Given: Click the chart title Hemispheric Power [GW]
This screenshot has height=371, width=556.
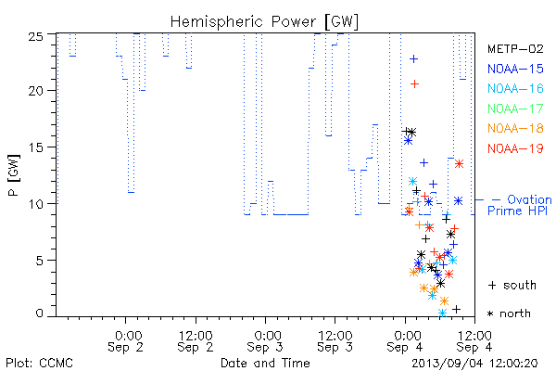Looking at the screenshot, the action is [x=264, y=22].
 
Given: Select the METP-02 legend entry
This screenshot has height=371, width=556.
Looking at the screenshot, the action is [x=515, y=48].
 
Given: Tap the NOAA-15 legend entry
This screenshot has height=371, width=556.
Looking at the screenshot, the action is [x=515, y=69].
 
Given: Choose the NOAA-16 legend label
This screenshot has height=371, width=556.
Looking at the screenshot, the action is [x=515, y=88].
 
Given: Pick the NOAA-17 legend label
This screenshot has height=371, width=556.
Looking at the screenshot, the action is [x=515, y=109].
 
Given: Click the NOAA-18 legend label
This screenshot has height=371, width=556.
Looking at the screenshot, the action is [x=515, y=128].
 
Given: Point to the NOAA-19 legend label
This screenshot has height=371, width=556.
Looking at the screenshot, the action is [x=515, y=148].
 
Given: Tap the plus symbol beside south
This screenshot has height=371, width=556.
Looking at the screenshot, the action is [x=492, y=285].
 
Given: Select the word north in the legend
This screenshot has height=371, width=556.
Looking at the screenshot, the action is [x=515, y=313].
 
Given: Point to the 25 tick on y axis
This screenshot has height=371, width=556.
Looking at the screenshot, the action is [x=35, y=36].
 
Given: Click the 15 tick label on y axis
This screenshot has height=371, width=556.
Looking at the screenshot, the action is [x=35, y=147].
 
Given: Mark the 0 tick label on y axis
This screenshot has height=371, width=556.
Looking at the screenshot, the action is [x=39, y=313].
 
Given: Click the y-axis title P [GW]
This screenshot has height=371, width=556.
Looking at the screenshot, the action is [x=14, y=175].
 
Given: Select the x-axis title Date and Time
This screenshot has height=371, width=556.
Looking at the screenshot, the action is [x=265, y=363].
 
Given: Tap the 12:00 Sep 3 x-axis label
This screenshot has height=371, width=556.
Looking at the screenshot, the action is [x=335, y=341].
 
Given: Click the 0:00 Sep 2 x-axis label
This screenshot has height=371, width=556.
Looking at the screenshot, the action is [x=125, y=341].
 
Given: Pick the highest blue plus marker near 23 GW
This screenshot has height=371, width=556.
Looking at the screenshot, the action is [x=413, y=59].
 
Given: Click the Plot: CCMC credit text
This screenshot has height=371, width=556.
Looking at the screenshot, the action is [x=39, y=363].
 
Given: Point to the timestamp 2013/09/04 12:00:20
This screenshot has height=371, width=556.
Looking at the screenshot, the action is [x=474, y=364].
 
